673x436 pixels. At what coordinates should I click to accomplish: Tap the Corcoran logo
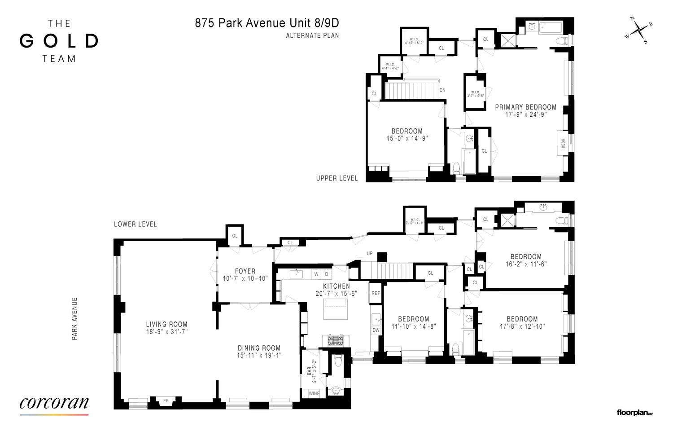[x=54, y=403]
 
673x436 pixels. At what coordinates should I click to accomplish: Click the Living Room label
[x=166, y=324]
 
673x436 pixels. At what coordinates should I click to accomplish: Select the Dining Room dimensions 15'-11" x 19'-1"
[x=259, y=355]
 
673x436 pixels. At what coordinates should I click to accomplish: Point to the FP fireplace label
[x=166, y=400]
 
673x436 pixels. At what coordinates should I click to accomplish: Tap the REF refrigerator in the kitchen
[x=376, y=293]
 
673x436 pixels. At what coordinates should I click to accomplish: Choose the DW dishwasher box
[x=376, y=330]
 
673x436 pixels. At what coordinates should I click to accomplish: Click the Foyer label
[x=245, y=271]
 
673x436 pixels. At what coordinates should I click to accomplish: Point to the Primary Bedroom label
[x=525, y=107]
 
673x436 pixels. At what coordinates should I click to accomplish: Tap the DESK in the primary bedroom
[x=563, y=144]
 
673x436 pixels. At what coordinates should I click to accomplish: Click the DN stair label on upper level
[x=442, y=90]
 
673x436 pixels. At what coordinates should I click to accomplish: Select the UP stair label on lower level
[x=370, y=254]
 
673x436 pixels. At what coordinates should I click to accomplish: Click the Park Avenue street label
[x=75, y=318]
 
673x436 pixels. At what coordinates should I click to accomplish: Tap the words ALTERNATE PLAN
[x=312, y=35]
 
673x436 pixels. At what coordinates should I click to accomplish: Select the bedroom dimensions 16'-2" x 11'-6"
[x=526, y=264]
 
